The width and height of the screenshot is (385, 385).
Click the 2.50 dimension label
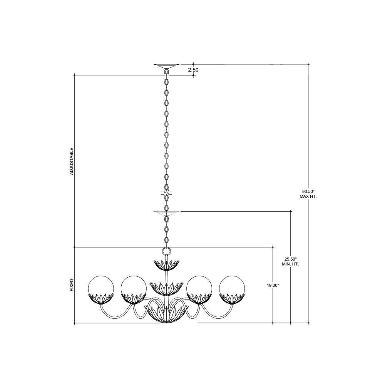coord(193,70)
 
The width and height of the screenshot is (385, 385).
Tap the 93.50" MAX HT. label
coord(308,194)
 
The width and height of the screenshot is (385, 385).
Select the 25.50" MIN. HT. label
coord(290,262)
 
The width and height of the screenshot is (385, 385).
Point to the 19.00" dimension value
coord(273,285)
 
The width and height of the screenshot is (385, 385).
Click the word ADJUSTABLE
coord(72,161)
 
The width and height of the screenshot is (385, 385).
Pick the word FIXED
coord(72,285)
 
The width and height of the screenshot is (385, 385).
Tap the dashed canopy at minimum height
coord(167,213)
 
